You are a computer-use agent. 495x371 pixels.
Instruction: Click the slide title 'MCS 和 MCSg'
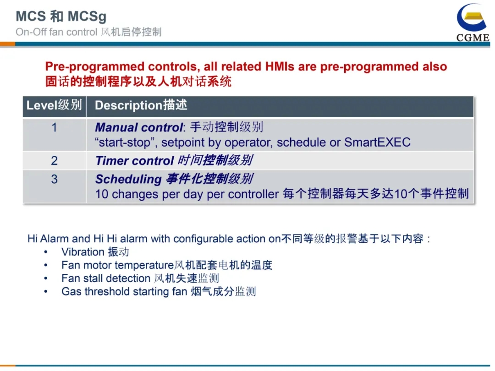61,16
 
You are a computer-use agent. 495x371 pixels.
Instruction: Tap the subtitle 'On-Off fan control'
56,32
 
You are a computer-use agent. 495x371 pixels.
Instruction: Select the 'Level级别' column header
54,105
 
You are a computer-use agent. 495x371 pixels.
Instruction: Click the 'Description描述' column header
141,105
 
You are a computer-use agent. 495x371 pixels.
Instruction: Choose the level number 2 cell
54,161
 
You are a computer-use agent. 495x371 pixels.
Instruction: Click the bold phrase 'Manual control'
139,127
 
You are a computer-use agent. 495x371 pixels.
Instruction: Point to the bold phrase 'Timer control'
135,161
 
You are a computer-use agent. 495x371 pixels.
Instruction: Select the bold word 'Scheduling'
128,179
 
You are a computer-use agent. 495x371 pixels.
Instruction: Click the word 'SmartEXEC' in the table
377,142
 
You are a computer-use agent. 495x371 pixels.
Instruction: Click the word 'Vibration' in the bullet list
83,252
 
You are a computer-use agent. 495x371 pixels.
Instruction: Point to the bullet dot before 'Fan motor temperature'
46,265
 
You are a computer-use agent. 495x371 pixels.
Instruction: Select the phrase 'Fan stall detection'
106,278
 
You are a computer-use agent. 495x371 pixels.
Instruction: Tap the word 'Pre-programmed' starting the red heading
95,67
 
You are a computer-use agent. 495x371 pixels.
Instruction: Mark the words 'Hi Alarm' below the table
48,239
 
